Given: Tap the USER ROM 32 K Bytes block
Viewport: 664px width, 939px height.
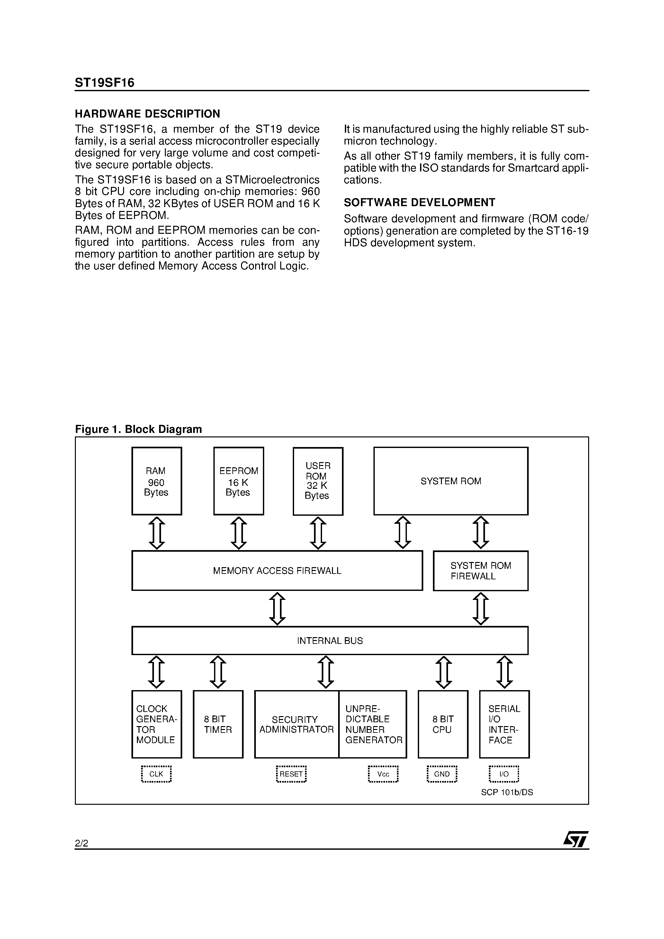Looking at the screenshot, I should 318,481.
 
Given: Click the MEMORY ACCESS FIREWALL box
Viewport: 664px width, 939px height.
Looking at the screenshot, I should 277,571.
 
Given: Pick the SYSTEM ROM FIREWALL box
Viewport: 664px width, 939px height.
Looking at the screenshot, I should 480,571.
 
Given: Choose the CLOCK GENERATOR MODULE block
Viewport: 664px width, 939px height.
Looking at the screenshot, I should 157,724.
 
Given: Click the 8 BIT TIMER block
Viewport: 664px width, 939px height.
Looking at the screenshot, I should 218,724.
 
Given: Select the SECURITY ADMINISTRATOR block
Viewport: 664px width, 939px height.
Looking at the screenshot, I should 296,724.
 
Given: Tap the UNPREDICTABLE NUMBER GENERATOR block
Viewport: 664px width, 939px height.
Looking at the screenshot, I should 373,724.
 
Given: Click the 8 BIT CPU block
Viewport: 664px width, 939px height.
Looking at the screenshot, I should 443,724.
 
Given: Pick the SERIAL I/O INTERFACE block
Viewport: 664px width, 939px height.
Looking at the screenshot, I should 504,724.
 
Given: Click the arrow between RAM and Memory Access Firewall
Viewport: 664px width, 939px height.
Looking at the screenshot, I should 157,533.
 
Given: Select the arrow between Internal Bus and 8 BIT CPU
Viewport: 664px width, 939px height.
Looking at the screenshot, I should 443,672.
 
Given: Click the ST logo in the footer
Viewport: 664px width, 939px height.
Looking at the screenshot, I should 576,840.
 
